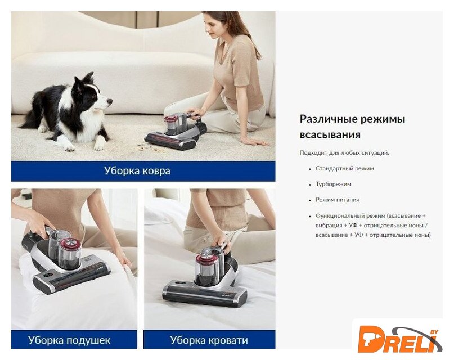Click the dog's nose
[110, 101]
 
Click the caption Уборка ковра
[137, 170]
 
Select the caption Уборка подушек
[69, 340]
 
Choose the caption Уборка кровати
[209, 340]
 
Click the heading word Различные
[326, 119]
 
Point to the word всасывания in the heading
[330, 135]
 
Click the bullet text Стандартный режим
[344, 168]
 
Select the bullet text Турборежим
[333, 184]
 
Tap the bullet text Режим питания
[338, 200]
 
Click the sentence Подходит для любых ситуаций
[344, 153]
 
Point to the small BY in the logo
[434, 332]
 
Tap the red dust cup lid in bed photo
[204, 258]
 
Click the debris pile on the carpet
[149, 147]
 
